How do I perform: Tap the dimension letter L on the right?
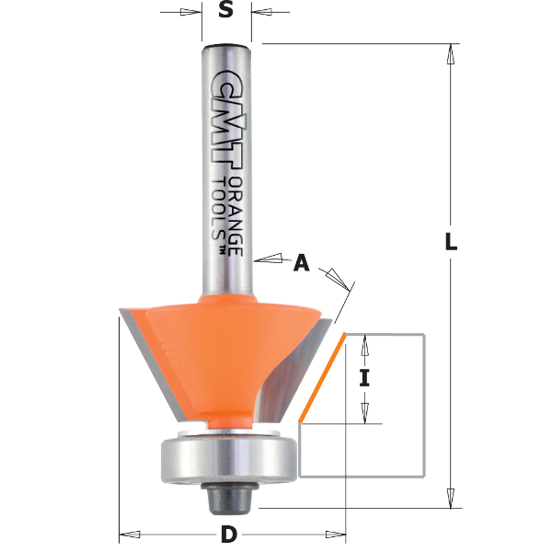(x=451, y=242)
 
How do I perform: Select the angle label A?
(x=301, y=264)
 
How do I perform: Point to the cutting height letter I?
(x=364, y=377)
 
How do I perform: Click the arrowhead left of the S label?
(x=192, y=14)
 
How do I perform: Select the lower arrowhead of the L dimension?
(x=450, y=498)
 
